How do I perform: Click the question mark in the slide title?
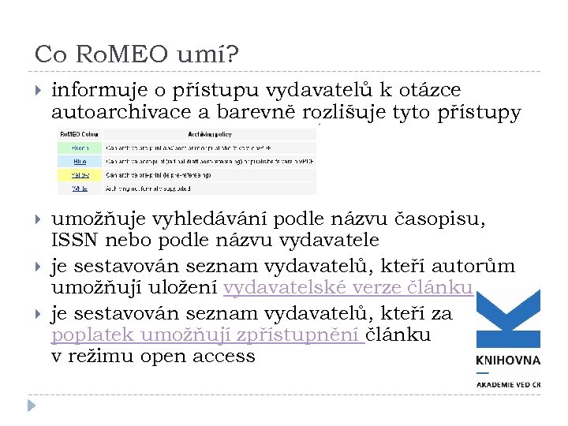[x=234, y=54]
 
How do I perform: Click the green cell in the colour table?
[x=80, y=147]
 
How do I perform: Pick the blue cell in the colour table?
[x=80, y=160]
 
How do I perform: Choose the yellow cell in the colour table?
[x=80, y=174]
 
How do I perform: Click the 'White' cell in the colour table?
[x=80, y=189]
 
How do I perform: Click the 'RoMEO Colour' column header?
[x=80, y=133]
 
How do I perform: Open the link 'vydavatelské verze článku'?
[x=347, y=288]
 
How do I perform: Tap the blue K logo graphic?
[x=508, y=319]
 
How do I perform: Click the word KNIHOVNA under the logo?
[x=508, y=360]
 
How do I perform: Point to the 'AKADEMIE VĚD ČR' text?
[x=508, y=384]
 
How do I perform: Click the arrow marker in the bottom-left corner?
[x=30, y=406]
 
